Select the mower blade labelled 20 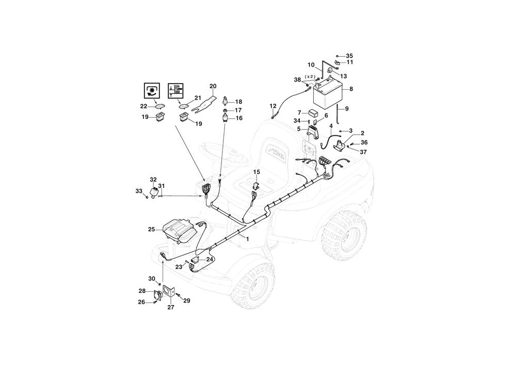coord(204,103)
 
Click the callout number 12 coord(273,106)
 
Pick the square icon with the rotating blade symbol coord(152,90)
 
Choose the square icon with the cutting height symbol coord(176,90)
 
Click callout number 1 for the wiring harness coord(248,239)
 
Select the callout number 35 coord(349,56)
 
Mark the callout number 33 coord(138,191)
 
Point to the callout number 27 coord(171,307)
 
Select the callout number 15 coord(256,172)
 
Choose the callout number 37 coord(363,152)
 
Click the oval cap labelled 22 coord(160,106)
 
